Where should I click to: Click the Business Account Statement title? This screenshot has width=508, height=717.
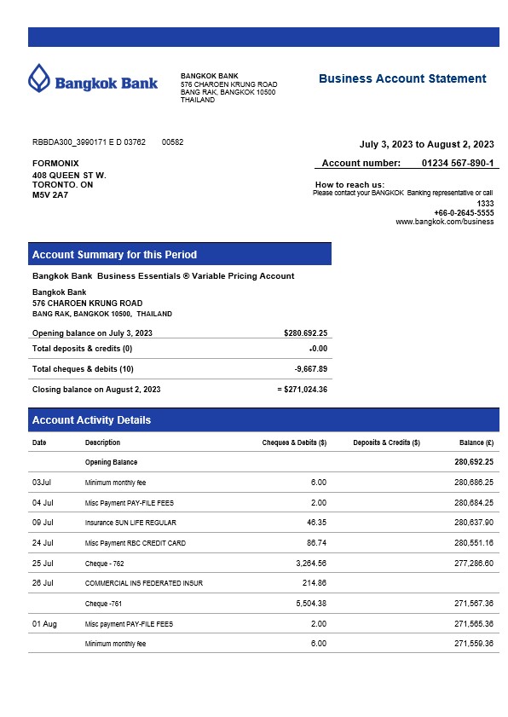tap(402, 78)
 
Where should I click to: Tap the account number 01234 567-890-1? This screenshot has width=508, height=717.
tap(458, 163)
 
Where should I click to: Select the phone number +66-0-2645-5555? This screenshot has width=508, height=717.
tap(464, 213)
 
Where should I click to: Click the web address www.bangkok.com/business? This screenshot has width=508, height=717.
tap(445, 222)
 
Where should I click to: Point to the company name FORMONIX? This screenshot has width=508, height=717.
tap(55, 163)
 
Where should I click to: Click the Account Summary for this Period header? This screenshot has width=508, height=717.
tap(114, 254)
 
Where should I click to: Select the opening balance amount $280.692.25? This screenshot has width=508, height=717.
tap(305, 333)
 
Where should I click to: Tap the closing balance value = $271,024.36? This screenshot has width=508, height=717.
tap(303, 390)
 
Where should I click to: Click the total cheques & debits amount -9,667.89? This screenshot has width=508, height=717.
tap(310, 369)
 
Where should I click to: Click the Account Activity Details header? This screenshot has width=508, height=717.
tap(91, 420)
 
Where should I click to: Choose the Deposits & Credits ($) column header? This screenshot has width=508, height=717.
tap(386, 442)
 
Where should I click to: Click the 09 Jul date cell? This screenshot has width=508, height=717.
tap(43, 523)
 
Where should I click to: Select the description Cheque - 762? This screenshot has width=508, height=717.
tap(105, 564)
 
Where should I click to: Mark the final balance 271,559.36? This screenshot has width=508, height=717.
tap(474, 644)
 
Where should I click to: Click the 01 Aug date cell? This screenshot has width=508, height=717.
tap(44, 624)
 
